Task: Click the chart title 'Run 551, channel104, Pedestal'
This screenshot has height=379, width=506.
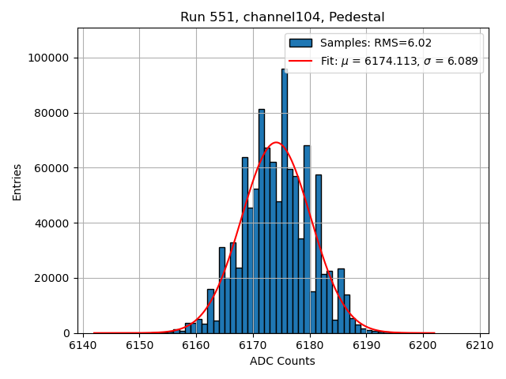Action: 282,17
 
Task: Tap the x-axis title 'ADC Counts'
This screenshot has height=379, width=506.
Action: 281,361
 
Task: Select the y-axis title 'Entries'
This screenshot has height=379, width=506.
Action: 17,182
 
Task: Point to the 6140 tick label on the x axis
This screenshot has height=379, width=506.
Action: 83,345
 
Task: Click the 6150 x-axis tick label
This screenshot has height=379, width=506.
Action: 139,345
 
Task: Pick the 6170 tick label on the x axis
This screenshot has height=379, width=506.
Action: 253,345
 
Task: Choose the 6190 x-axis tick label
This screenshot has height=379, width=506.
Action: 366,345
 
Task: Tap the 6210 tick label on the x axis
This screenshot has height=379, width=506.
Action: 479,345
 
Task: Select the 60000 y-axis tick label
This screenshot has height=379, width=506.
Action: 54,168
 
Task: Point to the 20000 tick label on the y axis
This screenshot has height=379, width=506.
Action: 54,278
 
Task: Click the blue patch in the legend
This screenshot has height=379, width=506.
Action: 300,43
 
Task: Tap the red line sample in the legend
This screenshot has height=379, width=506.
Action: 300,61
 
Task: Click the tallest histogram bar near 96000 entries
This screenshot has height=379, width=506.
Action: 285,197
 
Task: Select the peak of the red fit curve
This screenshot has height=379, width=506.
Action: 276,143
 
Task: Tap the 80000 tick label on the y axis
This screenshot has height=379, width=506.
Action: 54,113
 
